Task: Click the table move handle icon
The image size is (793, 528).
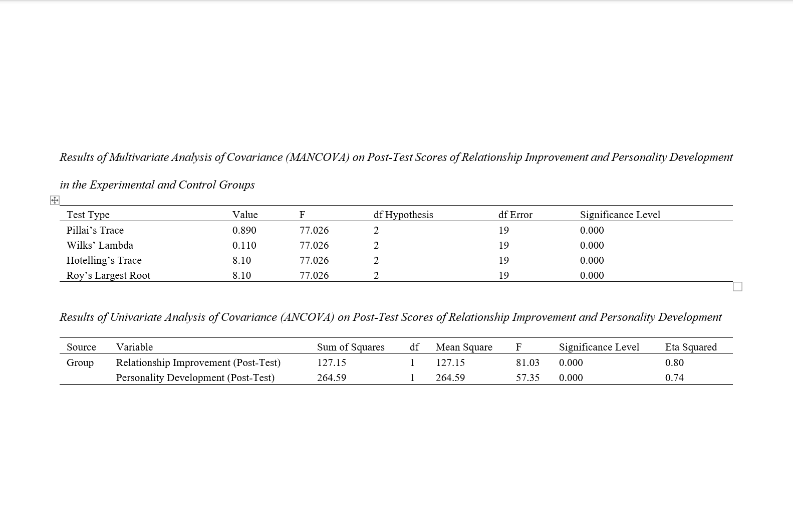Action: [55, 201]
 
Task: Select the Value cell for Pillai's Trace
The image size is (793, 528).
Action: [244, 230]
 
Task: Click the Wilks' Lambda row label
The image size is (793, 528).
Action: [100, 245]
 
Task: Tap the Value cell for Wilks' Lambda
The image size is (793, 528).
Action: [244, 245]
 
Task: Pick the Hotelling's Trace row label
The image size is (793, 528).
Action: [104, 260]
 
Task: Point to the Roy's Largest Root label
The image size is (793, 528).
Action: [108, 275]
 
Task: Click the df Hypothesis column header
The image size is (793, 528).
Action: [403, 215]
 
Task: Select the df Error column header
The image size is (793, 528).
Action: [515, 215]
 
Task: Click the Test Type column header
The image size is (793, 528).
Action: [88, 215]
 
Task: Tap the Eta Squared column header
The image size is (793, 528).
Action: [691, 347]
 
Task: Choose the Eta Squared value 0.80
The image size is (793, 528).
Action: [674, 363]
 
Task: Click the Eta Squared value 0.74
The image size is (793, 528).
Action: [674, 378]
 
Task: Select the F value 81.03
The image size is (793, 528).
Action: [527, 363]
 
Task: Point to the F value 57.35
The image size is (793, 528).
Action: [527, 378]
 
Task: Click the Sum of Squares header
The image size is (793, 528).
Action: [351, 347]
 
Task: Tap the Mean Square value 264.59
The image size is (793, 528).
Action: [450, 378]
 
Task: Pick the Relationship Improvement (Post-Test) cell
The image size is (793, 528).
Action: [198, 363]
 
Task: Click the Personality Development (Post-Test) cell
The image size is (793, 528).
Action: [195, 378]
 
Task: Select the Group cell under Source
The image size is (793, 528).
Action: [80, 363]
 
